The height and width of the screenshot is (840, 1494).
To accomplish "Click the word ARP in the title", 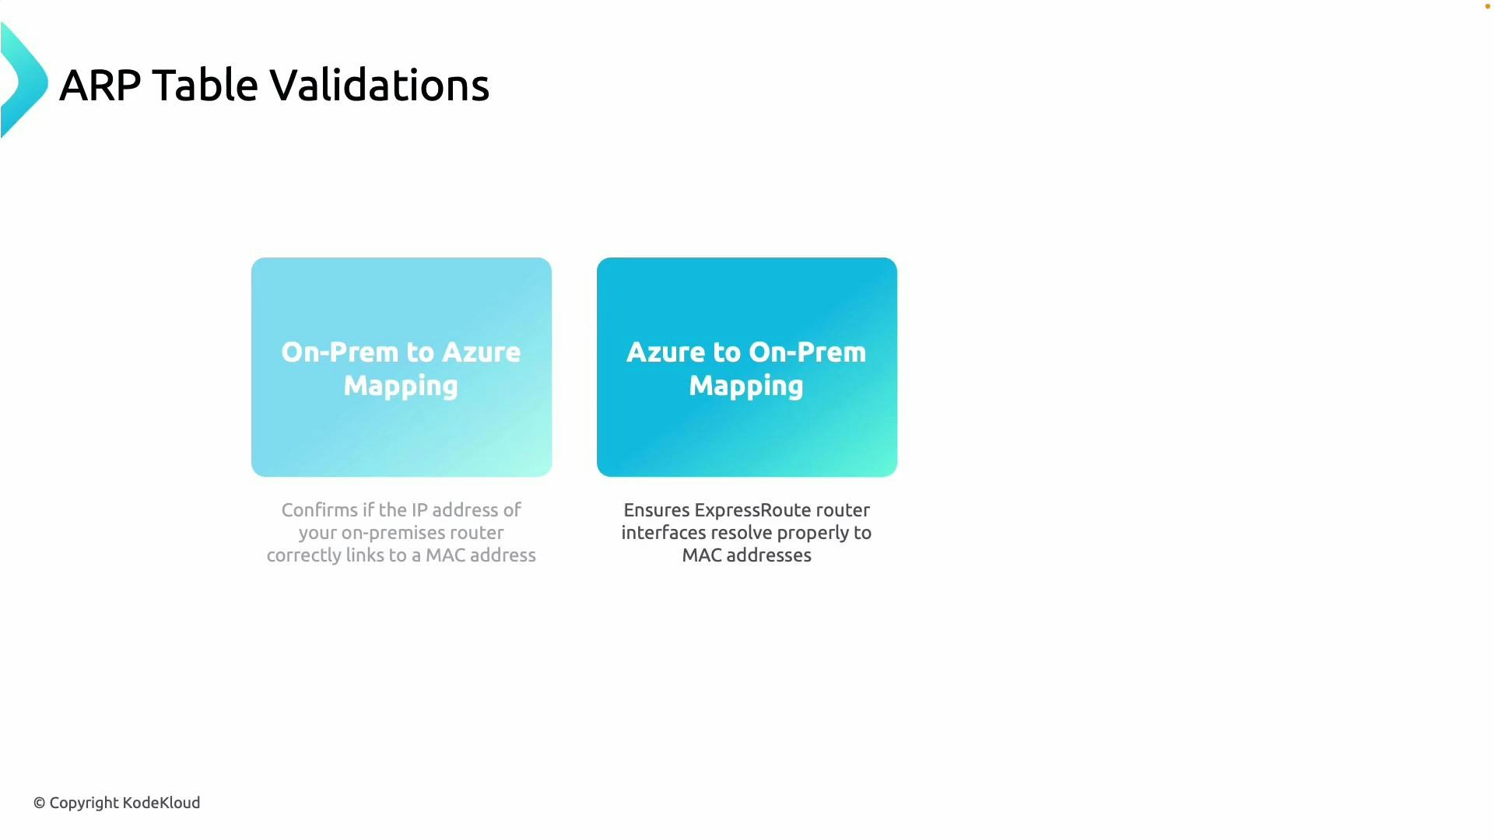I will point(100,85).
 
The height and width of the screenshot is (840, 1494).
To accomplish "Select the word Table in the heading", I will point(205,85).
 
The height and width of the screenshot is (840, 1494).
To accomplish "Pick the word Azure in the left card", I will point(481,352).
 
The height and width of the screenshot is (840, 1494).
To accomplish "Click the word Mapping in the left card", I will point(401,386).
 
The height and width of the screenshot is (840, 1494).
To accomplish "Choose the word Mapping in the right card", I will point(746,386).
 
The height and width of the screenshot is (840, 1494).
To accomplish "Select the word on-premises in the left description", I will point(384,534).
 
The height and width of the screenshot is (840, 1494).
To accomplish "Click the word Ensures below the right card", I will point(656,510).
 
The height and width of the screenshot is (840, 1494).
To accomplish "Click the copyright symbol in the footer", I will point(39,803).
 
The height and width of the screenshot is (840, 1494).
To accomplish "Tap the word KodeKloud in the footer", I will point(161,803).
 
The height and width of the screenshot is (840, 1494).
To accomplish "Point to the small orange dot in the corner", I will point(1487,6).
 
